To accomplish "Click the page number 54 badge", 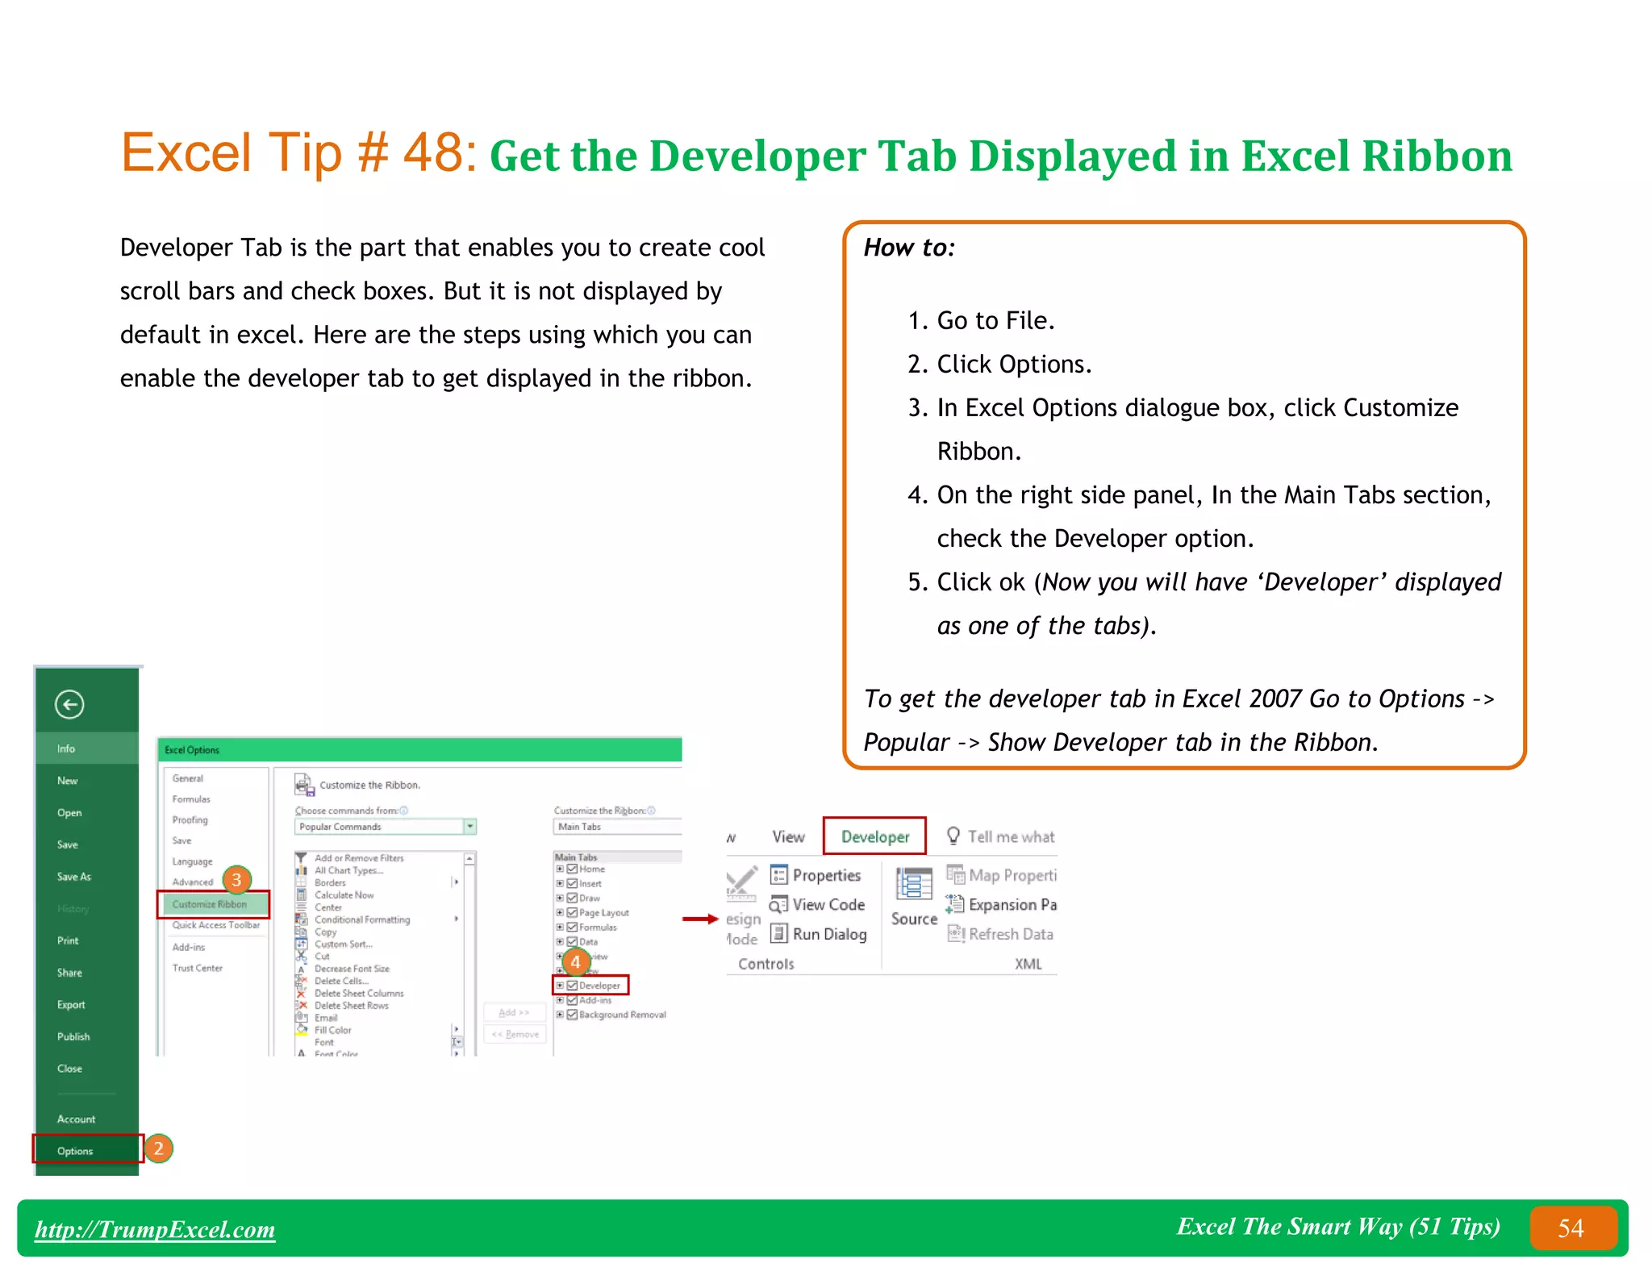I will tap(1571, 1228).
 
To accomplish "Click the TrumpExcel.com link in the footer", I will tap(155, 1229).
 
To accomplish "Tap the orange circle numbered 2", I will tap(159, 1149).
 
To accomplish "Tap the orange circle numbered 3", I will tap(236, 880).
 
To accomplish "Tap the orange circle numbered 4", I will tap(575, 962).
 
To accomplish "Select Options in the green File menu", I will tap(75, 1151).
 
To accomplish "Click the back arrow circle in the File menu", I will tap(69, 704).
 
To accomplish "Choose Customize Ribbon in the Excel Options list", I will tap(210, 904).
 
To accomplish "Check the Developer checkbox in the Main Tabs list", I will tap(572, 986).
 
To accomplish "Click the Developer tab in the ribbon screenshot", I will tap(874, 836).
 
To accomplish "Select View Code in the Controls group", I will tap(828, 905).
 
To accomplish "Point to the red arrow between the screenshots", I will tap(699, 919).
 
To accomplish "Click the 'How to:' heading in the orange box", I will tap(909, 248).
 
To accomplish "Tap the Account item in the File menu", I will tap(76, 1119).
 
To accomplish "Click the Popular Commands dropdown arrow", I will tap(469, 827).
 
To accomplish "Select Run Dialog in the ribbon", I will tap(828, 934).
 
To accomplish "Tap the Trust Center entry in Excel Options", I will tap(197, 968).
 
